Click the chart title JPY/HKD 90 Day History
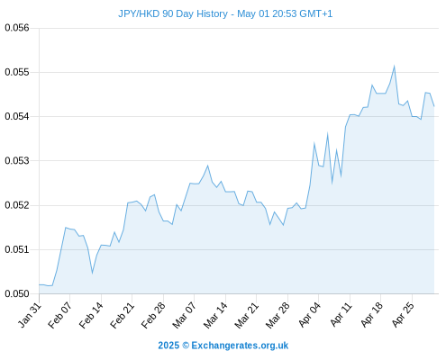(173, 13)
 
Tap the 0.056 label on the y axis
(17, 28)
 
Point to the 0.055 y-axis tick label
(17, 72)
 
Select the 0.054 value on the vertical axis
(17, 116)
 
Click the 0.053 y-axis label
(17, 160)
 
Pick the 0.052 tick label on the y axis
(17, 205)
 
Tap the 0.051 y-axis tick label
(17, 249)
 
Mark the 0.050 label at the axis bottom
(17, 293)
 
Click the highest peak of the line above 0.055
(394, 66)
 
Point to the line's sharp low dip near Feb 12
(92, 273)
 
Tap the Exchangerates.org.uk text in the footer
(240, 346)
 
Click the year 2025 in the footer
(168, 346)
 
